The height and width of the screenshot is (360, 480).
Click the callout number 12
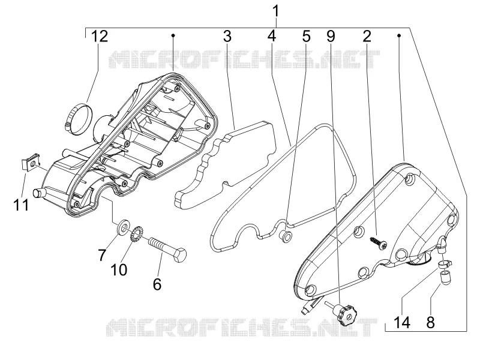[100, 37]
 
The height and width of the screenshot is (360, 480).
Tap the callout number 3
[227, 37]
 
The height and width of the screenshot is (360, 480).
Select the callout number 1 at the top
[276, 11]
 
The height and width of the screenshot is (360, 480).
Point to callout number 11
[21, 205]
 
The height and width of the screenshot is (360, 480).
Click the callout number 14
[402, 322]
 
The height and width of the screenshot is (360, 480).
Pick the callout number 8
[430, 322]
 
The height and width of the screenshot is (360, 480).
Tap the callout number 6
[157, 284]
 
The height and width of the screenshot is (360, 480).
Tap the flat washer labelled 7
[124, 227]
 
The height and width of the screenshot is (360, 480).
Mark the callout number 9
[331, 37]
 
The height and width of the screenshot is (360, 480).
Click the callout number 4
[271, 37]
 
